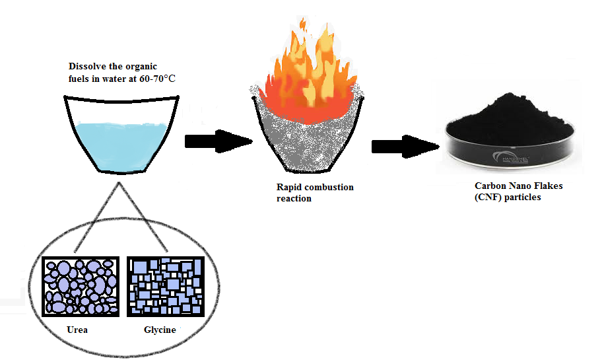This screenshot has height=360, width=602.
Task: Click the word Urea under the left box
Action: (77, 330)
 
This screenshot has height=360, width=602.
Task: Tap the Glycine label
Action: (160, 330)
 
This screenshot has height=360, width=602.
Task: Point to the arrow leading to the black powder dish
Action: (405, 147)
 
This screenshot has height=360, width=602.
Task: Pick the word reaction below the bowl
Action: (294, 198)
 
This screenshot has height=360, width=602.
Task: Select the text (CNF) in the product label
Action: (489, 198)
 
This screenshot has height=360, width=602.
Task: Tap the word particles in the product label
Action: (523, 198)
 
